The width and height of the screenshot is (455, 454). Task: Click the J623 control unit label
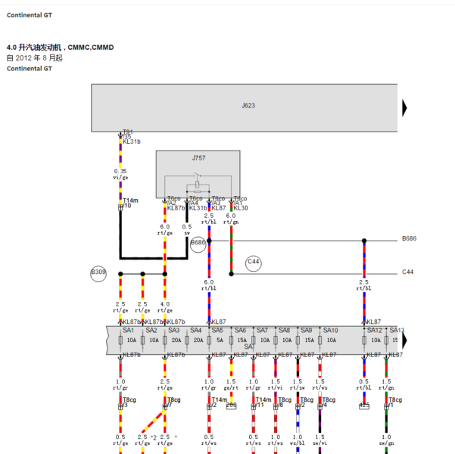point(248,105)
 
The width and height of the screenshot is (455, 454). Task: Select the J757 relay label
point(198,158)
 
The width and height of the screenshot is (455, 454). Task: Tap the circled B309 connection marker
point(98,272)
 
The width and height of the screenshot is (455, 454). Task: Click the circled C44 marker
point(254,263)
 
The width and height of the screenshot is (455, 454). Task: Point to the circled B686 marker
point(198,243)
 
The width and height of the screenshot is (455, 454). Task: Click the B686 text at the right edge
point(409,238)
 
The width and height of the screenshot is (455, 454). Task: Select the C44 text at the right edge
point(407,272)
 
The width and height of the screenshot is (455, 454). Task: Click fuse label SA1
point(129,331)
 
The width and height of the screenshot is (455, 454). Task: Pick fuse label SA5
point(217,331)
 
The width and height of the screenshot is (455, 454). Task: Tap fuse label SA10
point(331,331)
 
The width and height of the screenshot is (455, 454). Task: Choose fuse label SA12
point(374,331)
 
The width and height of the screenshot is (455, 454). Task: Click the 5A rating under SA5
point(220,341)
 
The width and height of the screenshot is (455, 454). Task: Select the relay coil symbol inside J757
point(198,184)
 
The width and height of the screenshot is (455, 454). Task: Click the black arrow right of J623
point(405,105)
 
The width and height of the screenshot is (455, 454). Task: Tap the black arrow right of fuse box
point(405,340)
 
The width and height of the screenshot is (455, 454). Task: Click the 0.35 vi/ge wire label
point(120,174)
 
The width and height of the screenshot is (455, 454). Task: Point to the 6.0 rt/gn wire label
point(231,218)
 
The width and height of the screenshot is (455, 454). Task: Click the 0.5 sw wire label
point(187,229)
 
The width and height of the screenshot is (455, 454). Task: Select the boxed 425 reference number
point(364,406)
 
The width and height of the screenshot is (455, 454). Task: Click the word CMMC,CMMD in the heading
point(91,48)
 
